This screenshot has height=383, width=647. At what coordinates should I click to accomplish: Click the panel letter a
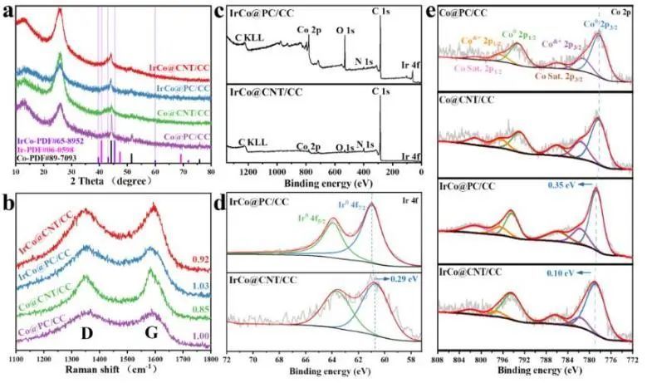click(8, 12)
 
